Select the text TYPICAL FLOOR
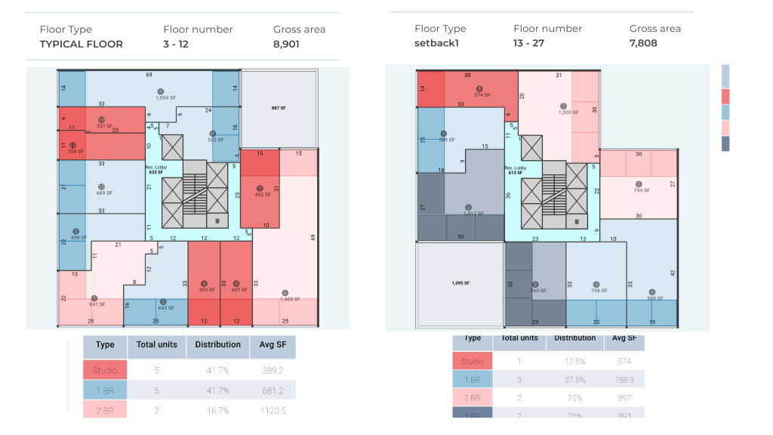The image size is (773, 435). [x=81, y=44]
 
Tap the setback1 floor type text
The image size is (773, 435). [x=437, y=43]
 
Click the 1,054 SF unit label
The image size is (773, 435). [x=166, y=97]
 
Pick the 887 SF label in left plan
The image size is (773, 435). [x=279, y=109]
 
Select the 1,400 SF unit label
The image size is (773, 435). [x=290, y=300]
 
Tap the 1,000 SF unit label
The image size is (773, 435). [x=568, y=112]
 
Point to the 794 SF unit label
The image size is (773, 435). [x=642, y=190]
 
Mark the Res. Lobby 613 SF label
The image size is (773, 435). [x=515, y=171]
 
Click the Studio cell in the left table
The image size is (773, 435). [x=105, y=370]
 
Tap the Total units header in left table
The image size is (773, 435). [x=156, y=344]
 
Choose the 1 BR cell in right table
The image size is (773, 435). [x=472, y=380]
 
